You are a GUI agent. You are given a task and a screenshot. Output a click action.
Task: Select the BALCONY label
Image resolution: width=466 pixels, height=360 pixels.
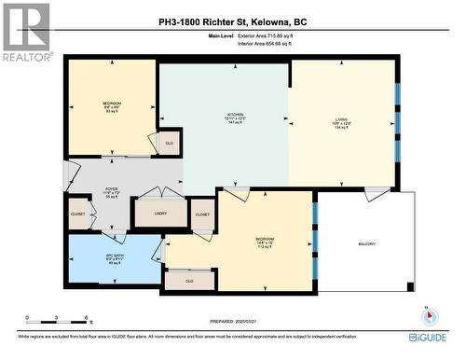367,244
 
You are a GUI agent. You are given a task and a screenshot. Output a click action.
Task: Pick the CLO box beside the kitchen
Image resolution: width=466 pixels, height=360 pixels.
169,143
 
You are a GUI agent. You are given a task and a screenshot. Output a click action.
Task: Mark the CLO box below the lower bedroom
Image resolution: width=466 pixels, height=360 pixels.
189,280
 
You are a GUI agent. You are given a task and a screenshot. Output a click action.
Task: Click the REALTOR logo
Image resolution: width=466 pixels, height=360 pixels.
25,34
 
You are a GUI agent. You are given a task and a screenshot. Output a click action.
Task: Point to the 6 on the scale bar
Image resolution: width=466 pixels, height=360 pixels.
87,318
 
